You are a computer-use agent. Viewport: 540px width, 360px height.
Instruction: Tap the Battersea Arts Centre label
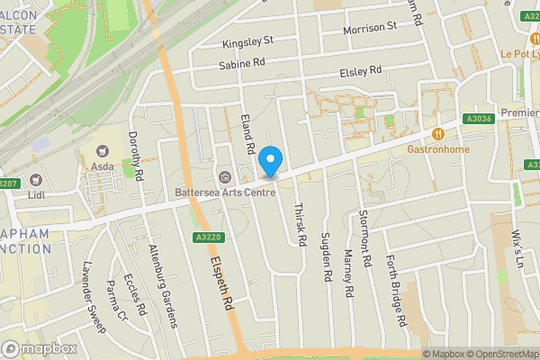[224, 191]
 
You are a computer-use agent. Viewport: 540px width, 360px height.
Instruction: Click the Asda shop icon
[102, 150]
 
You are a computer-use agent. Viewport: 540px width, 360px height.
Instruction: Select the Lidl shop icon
[35, 179]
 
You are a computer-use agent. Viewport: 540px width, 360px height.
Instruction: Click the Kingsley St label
[247, 41]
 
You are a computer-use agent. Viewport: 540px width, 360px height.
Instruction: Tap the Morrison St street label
[370, 29]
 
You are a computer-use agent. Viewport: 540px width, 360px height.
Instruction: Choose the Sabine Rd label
[242, 64]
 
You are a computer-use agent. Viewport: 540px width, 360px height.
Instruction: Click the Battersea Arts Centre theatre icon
[224, 175]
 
